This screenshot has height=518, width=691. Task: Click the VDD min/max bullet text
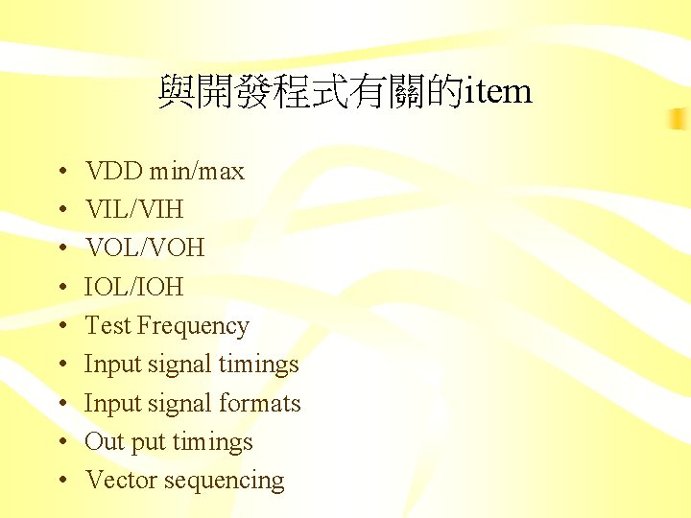click(x=164, y=172)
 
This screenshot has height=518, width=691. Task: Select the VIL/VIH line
click(x=133, y=210)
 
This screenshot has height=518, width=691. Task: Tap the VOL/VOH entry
click(x=144, y=248)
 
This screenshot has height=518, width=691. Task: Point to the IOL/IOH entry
click(x=133, y=287)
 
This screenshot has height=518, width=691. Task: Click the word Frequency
click(x=193, y=326)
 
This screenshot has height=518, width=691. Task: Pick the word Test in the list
click(x=107, y=326)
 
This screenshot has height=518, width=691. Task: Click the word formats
click(x=260, y=404)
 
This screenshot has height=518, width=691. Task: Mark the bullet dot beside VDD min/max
click(x=60, y=173)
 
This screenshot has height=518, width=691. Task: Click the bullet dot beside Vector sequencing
click(x=60, y=482)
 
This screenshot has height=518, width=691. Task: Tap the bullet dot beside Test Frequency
click(x=60, y=327)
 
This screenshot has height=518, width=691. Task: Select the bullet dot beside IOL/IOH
click(x=60, y=288)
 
